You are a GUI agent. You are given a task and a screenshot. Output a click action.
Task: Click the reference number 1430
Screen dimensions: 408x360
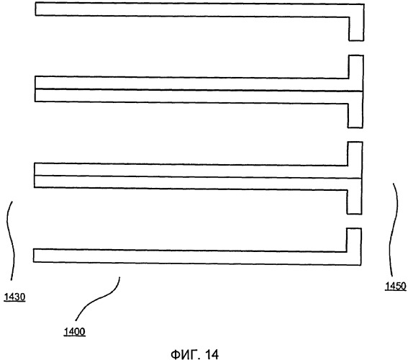pos(14,297)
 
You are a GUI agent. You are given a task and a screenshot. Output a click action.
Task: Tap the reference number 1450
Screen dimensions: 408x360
pos(396,286)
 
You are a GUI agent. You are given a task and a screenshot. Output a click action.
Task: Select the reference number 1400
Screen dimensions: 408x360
pos(74,332)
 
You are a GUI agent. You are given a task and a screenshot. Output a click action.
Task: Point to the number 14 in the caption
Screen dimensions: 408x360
pos(212,354)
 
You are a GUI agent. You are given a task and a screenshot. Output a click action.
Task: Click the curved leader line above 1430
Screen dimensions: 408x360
pos(11,240)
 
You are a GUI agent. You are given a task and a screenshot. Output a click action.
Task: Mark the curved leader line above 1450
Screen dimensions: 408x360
pos(394,229)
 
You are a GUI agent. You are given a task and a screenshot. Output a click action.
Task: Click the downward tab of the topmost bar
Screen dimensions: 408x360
pos(356,29)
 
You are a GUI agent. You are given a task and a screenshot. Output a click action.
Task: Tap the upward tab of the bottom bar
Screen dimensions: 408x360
pos(354,240)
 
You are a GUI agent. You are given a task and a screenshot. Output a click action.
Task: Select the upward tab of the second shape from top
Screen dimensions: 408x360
pos(355,67)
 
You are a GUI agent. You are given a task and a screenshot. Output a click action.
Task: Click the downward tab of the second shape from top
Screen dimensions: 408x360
pos(355,116)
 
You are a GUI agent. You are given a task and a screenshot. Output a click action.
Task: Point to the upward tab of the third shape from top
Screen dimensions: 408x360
pos(355,153)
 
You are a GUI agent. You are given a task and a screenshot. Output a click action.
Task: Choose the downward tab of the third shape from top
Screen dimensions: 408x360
pos(354,202)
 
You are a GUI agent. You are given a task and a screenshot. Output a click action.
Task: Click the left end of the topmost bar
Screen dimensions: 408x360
pos(36,9)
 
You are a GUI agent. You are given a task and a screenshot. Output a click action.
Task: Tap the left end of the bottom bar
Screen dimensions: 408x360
pos(34,256)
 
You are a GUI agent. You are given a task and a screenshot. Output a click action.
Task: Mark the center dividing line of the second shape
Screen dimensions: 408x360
pos(199,90)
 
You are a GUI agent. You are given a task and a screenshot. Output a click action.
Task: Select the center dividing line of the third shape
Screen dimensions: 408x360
pos(198,177)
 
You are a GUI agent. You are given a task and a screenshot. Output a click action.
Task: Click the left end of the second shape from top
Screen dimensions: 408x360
pos(35,89)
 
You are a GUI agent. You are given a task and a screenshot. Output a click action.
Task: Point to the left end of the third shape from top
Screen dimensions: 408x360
pos(35,175)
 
